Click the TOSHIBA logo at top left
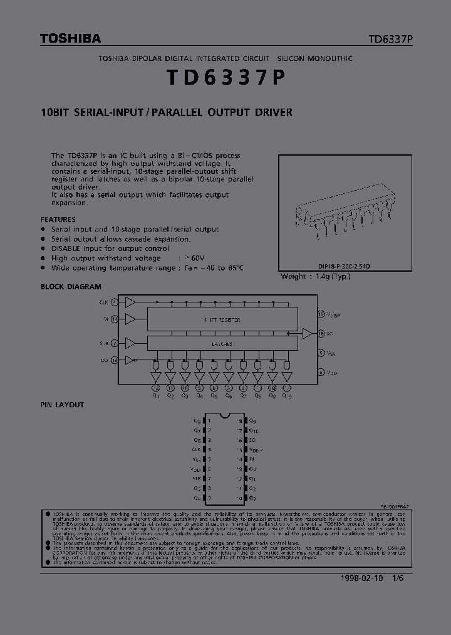pyautogui.click(x=70, y=39)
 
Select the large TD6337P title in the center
pyautogui.click(x=225, y=78)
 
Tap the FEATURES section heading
pyautogui.click(x=58, y=220)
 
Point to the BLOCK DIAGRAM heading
pyautogui.click(x=71, y=287)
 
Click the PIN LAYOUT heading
pyautogui.click(x=62, y=405)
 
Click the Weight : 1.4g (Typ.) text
pyautogui.click(x=316, y=276)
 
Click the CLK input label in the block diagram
pyautogui.click(x=103, y=302)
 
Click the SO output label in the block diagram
pyautogui.click(x=330, y=333)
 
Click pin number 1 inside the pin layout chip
pyautogui.click(x=209, y=420)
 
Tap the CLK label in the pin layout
pyautogui.click(x=197, y=450)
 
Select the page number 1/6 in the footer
pyautogui.click(x=397, y=579)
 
